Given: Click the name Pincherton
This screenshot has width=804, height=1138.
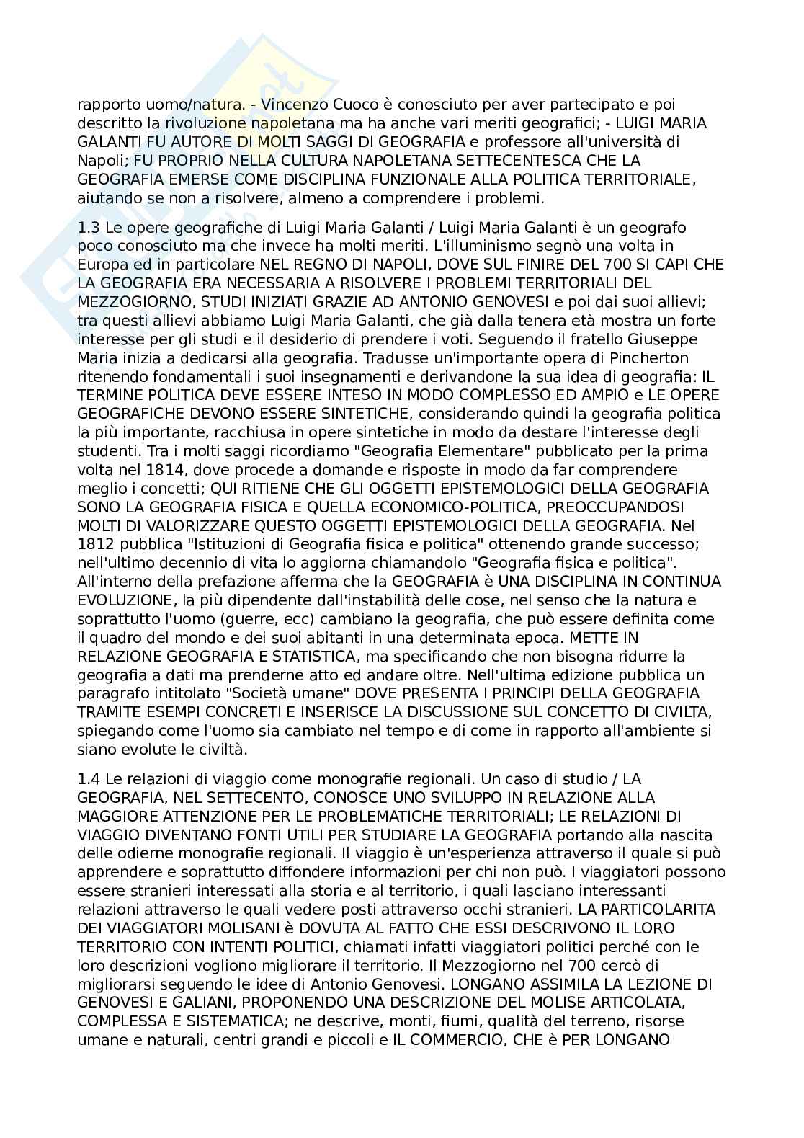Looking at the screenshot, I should click(639, 358).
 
